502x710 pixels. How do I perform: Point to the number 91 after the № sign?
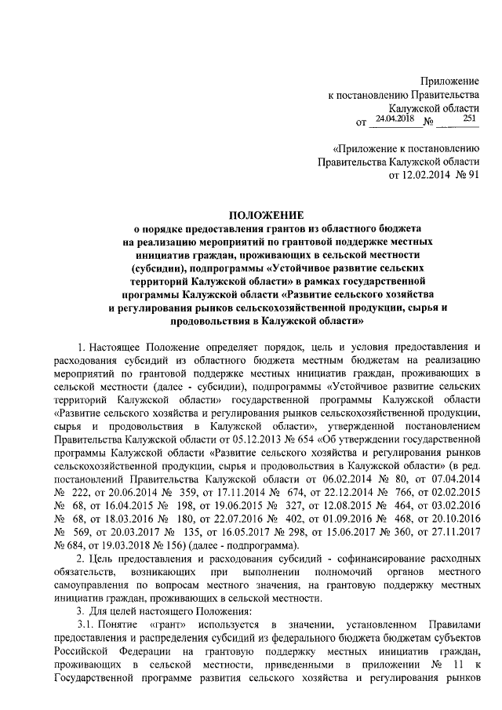tap(471, 175)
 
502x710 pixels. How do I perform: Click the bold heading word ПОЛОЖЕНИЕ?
tap(266, 215)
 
